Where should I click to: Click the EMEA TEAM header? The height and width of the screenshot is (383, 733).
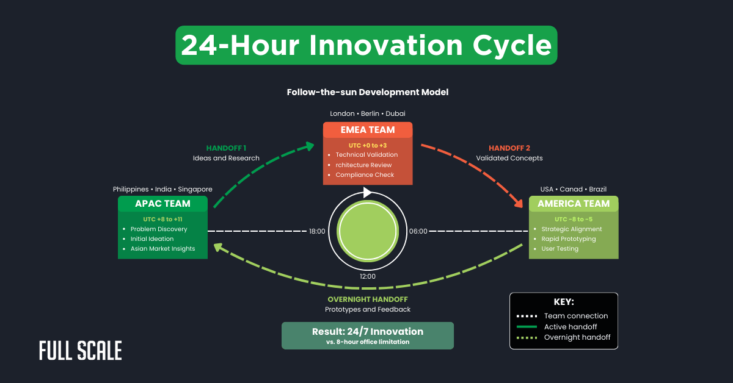(367, 130)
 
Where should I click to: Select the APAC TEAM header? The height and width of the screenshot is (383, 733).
(162, 204)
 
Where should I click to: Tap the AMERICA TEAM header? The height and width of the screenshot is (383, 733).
(573, 204)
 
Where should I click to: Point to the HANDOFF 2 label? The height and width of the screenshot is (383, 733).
(509, 148)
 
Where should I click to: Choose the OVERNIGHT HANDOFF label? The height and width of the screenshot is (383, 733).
(367, 299)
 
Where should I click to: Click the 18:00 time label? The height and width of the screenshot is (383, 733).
(317, 232)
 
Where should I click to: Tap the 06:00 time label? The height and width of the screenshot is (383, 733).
(418, 232)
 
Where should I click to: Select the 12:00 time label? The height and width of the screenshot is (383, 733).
(368, 276)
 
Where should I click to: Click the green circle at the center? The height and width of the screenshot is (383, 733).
(368, 232)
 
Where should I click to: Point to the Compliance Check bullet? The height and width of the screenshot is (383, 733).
(365, 175)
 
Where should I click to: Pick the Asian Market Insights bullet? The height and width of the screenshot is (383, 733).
(162, 249)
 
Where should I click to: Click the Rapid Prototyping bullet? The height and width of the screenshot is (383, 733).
(568, 239)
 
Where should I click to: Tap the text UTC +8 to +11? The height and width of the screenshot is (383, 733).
(162, 218)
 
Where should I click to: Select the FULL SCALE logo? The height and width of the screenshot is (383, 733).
(81, 351)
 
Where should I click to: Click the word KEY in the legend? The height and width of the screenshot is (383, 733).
(563, 302)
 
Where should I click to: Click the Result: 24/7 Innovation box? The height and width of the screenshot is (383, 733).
(367, 335)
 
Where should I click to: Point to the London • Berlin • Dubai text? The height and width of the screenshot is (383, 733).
(367, 113)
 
